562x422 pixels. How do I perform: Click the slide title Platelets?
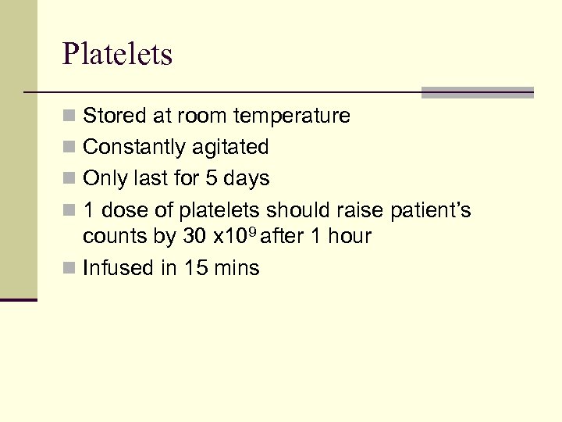click(x=117, y=55)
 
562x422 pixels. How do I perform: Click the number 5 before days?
click(x=212, y=178)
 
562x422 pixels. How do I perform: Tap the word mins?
click(x=237, y=268)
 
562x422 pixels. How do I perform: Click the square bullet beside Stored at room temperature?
click(x=69, y=116)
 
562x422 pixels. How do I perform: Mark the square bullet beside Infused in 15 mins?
click(x=69, y=268)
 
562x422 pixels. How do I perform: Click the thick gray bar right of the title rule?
click(x=477, y=92)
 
